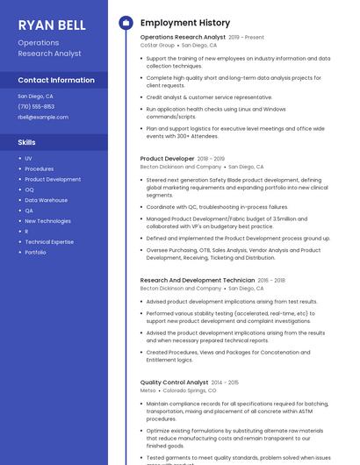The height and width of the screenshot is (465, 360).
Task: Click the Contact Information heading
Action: point(56,80)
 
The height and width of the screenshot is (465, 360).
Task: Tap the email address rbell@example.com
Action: point(42,117)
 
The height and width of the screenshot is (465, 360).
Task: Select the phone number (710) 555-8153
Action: point(36,106)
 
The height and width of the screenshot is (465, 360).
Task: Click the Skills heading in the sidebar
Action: point(27,141)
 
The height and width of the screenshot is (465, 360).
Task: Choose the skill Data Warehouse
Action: point(46,200)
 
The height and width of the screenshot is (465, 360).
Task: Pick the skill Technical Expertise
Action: point(49,241)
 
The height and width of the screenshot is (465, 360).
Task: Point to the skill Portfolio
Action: point(35,252)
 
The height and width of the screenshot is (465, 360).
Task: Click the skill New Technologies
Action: point(47,221)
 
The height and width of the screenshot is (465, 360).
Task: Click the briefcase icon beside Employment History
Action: point(126,23)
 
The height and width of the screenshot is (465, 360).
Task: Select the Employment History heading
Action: point(185,23)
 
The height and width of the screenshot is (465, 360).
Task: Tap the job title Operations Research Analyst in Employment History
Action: point(183,38)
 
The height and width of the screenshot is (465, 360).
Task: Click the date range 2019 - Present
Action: point(247,38)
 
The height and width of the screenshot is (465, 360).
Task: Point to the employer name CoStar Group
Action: point(158,45)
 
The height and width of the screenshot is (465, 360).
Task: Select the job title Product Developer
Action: point(167,159)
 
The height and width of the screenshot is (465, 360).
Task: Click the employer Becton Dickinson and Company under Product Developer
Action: point(181,166)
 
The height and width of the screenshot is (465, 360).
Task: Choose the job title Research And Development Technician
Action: point(198,280)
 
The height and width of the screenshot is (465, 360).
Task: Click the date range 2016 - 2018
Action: point(271,280)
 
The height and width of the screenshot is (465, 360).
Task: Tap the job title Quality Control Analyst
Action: point(174,383)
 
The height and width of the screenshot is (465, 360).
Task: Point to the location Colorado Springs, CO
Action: point(187,390)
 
